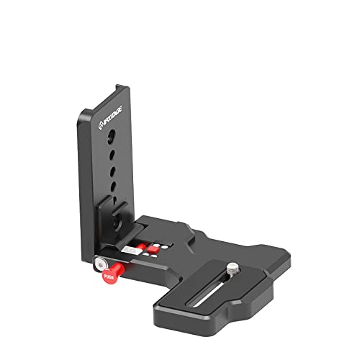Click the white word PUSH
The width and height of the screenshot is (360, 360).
[109, 275]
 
